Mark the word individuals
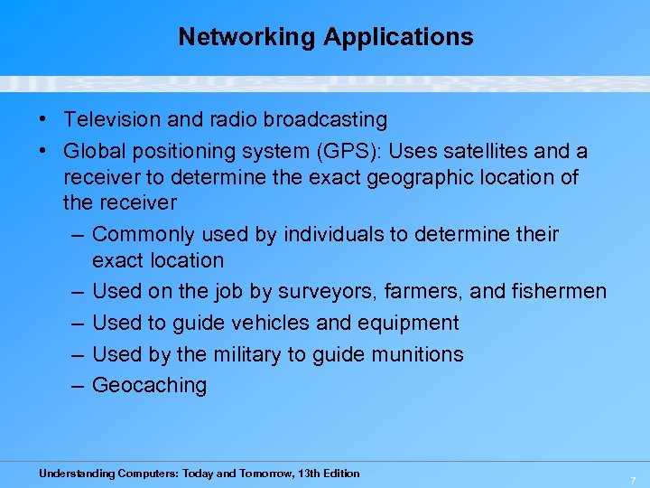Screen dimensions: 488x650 (x=333, y=234)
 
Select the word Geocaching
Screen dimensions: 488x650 (x=149, y=385)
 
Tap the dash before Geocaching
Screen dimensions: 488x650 (x=77, y=385)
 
